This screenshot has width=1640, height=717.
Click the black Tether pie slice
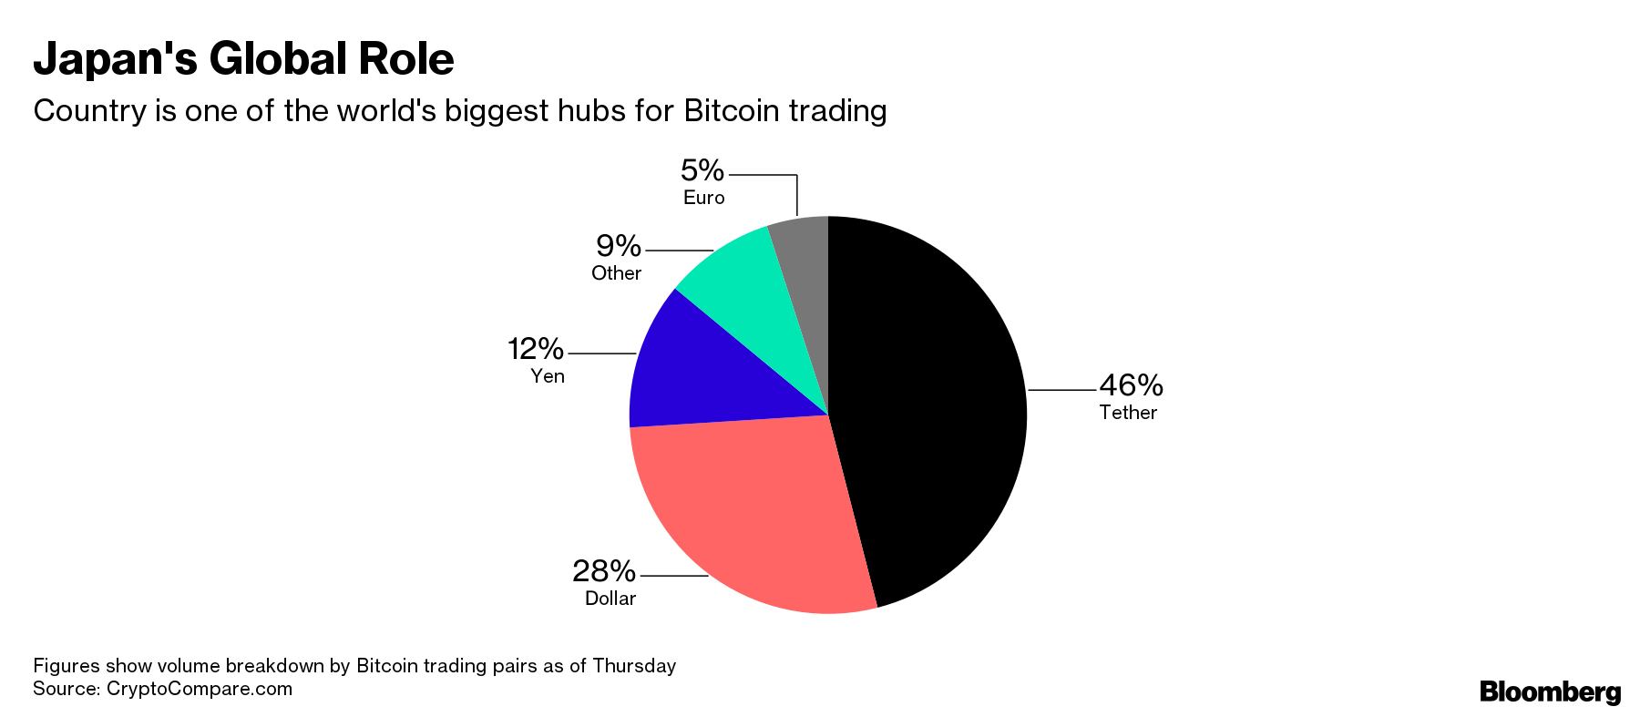[x=929, y=410]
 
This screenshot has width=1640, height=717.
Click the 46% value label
[x=1131, y=385]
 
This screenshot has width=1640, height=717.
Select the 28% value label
[x=604, y=571]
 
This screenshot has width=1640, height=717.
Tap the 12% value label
[x=536, y=349]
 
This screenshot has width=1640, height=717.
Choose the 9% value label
[x=619, y=246]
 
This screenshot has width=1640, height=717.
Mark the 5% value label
[x=702, y=170]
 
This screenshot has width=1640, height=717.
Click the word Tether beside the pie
[x=1128, y=413]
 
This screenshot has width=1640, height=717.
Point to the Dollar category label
[x=610, y=599]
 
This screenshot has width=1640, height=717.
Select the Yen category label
[x=548, y=376]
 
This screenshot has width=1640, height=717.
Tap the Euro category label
[x=704, y=198]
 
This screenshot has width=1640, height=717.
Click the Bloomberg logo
[x=1550, y=692]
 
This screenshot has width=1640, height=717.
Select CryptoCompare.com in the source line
[x=200, y=689]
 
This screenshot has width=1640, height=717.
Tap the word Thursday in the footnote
[x=634, y=666]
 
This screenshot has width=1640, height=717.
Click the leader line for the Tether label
[x=1062, y=390]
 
